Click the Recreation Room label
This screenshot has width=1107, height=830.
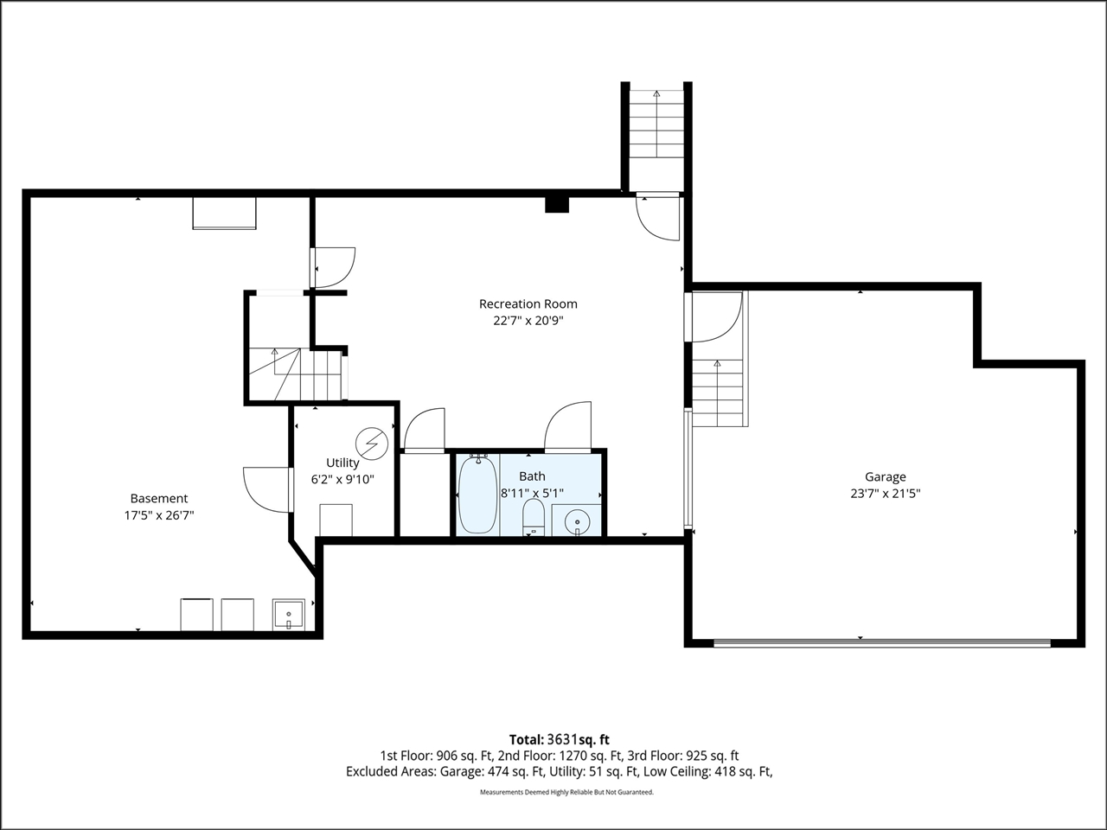(x=528, y=303)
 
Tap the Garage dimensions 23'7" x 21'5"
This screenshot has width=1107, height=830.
(x=885, y=494)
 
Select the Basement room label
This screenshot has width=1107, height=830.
(x=158, y=498)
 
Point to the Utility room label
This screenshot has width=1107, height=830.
(x=342, y=463)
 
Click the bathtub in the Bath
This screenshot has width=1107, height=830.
(x=477, y=495)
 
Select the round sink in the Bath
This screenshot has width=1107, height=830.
(x=576, y=521)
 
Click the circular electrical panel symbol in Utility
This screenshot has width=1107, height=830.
(x=373, y=444)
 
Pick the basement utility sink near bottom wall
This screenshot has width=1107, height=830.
(x=287, y=615)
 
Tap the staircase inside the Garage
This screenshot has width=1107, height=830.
(x=718, y=393)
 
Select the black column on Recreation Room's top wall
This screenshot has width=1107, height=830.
(x=557, y=204)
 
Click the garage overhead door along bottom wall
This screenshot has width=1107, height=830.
(x=882, y=642)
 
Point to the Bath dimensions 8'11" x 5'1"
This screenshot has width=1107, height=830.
(x=532, y=493)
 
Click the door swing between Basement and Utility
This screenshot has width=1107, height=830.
(x=266, y=489)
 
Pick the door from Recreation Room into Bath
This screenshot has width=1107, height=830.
(x=568, y=427)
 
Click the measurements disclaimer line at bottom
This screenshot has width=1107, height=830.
(x=566, y=792)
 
